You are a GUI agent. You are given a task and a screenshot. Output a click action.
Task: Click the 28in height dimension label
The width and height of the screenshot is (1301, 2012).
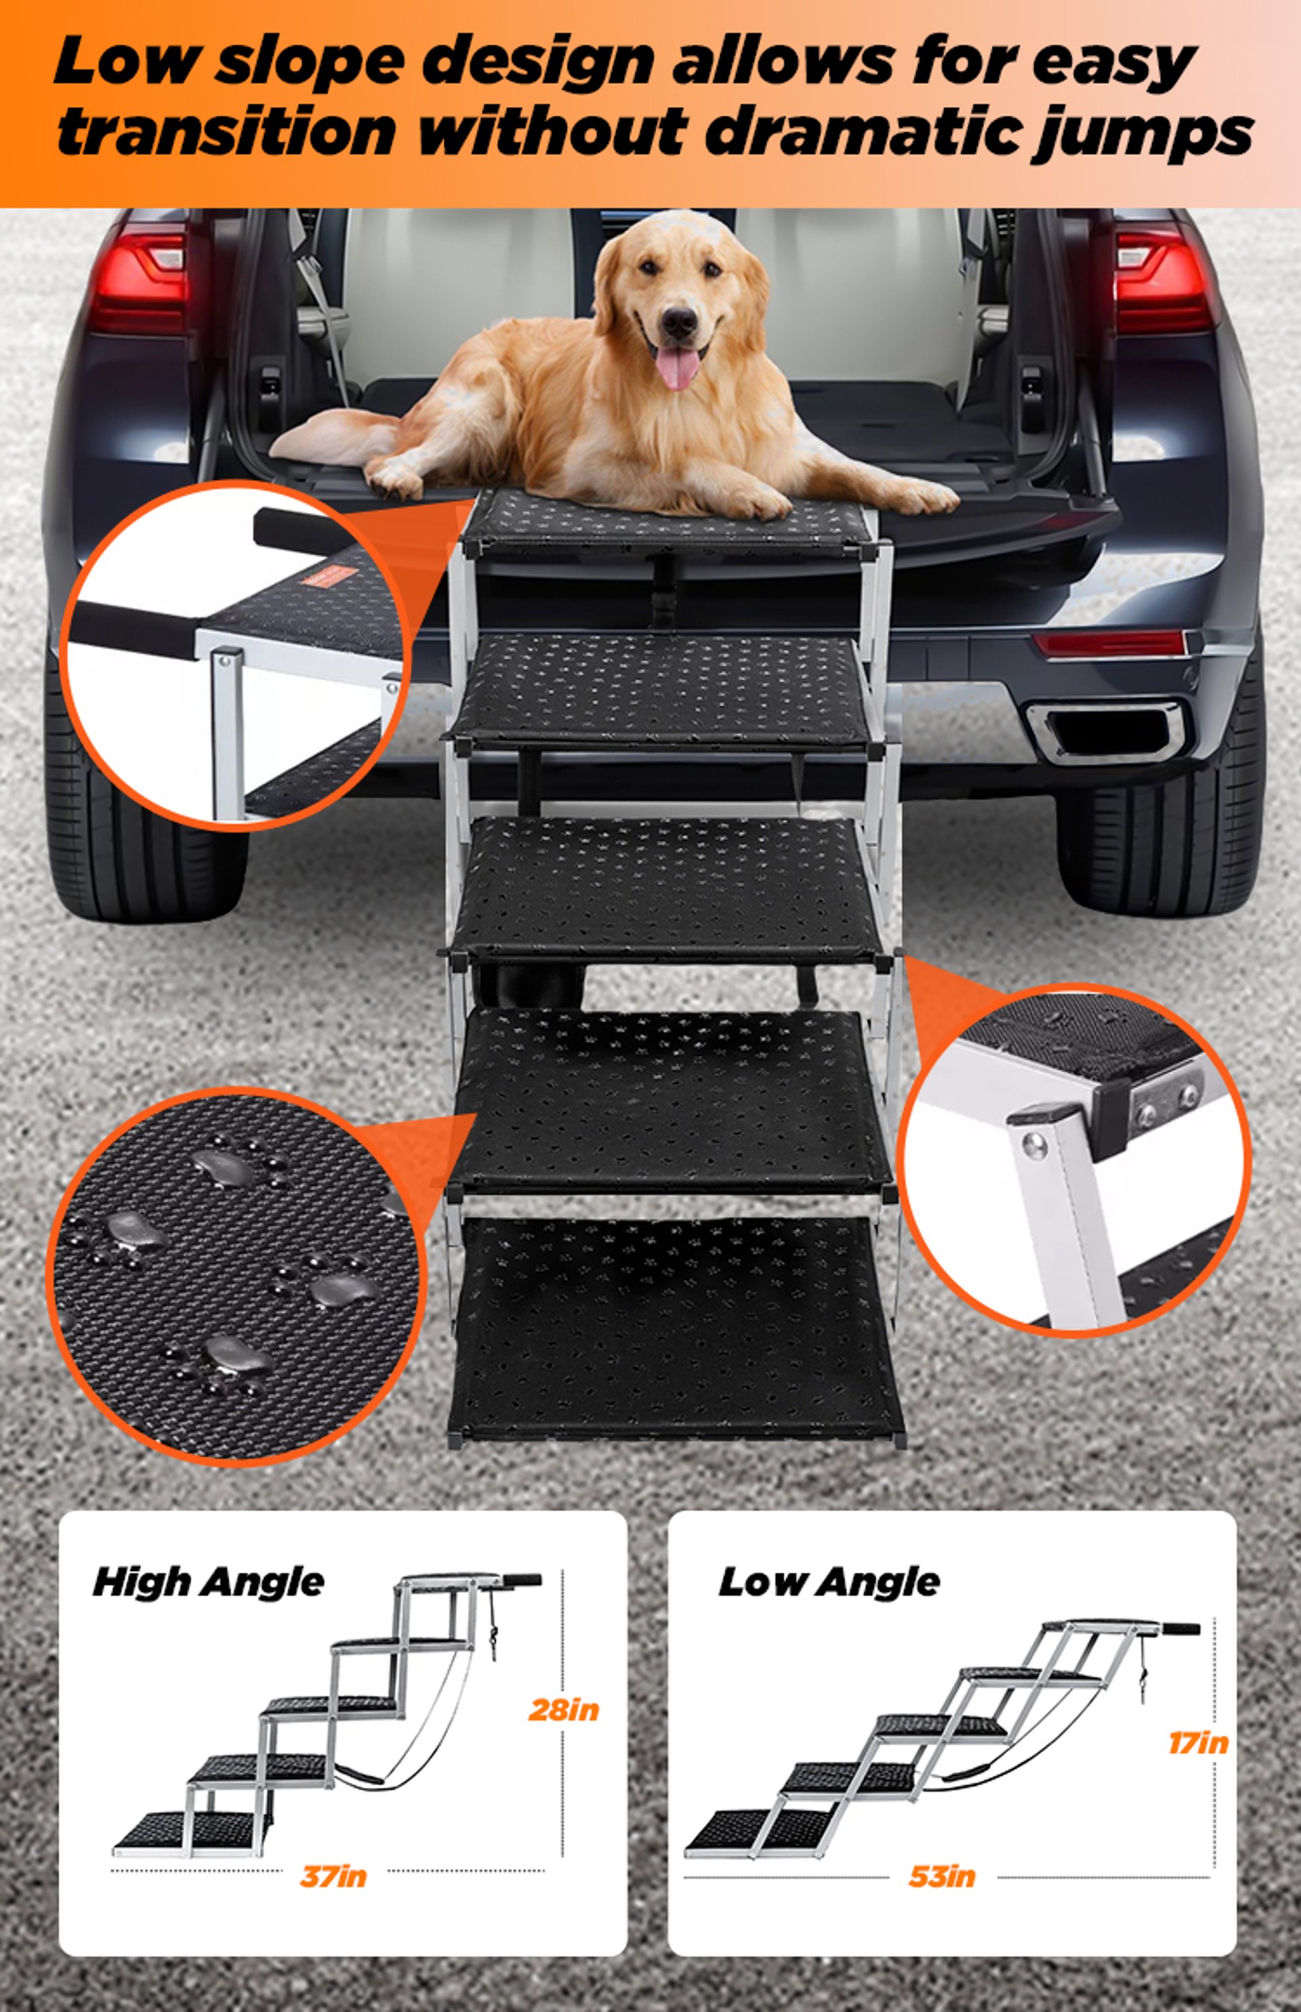(564, 1710)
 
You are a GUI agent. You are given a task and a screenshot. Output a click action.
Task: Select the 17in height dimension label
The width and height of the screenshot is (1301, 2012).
(1198, 1742)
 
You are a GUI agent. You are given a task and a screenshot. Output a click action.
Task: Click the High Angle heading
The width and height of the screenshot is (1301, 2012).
(208, 1582)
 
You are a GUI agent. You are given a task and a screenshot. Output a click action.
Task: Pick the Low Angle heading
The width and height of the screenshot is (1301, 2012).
(828, 1582)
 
